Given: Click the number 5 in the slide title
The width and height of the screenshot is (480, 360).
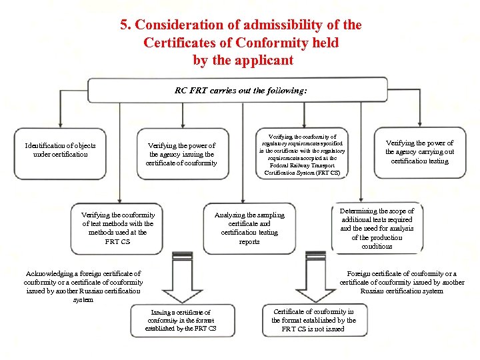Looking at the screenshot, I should pos(124,25).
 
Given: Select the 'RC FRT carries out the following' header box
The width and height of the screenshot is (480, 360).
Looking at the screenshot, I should pos(240,90).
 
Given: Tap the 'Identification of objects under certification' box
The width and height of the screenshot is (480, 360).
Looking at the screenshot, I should pos(60,150).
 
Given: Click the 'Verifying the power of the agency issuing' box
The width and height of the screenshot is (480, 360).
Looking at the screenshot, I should pos(181,154).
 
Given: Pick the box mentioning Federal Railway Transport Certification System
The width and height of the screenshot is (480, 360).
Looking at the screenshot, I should pos(302,154).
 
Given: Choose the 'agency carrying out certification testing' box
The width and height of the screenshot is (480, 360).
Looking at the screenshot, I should pos(419,152).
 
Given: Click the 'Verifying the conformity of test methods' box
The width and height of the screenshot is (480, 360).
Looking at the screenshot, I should pos(117,228).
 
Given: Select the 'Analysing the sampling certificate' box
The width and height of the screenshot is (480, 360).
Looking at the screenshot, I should pos(249,228).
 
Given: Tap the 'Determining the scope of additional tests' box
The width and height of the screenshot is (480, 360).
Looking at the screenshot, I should pos(377,228).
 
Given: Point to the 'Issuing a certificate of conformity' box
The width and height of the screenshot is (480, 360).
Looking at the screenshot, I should pos(180,320).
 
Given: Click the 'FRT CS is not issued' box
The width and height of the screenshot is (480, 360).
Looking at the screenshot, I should pos(313,320).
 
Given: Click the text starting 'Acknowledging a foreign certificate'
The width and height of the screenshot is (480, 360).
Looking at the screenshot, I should pos(83,287).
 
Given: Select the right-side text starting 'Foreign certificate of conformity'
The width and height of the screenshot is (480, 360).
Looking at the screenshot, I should pos(401,282).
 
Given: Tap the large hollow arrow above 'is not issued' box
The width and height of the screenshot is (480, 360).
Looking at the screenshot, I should pos(313,283).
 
